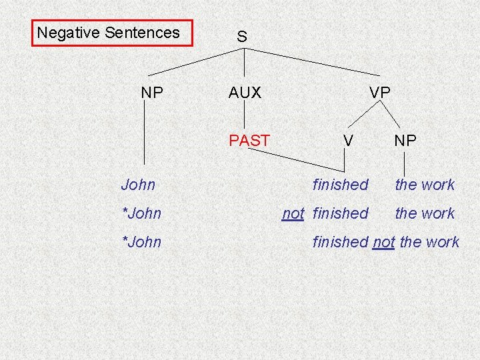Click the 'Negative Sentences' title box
pos(112,33)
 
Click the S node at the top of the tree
pos(242,37)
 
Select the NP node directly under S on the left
pos(152,93)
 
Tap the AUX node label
pos(245,93)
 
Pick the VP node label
pos(380,93)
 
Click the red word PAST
pos(249,140)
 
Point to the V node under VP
pos(347,140)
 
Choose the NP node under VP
pos(405,140)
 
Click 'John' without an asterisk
pos(138,185)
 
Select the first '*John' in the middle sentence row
pos(141,213)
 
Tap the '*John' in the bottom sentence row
pos(141,242)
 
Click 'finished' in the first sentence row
pos(340,185)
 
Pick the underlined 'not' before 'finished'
pos(293,213)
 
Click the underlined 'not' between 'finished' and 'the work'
pos(383,242)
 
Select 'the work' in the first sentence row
pos(425,185)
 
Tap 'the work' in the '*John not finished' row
pos(425,213)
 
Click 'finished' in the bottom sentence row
pos(340,242)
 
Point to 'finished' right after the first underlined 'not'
pos(340,213)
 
